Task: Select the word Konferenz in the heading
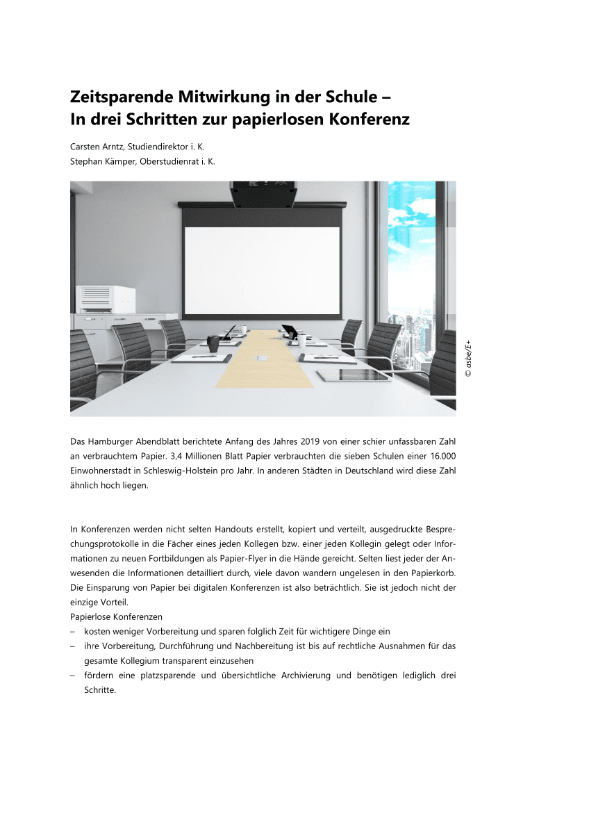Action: point(369,120)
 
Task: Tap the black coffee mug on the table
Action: point(213,343)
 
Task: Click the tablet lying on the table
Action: point(345,375)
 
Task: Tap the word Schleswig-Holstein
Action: point(179,471)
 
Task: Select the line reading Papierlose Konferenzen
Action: point(116,616)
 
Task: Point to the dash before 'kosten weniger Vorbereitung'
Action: point(73,632)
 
